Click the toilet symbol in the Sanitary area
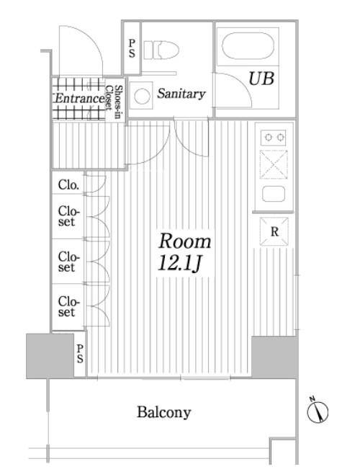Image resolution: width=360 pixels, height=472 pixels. coord(161,50)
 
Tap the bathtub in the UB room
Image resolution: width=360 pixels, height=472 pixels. coord(248,45)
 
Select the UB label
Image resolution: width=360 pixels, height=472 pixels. coord(261,79)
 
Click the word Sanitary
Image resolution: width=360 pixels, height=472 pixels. coord(181,94)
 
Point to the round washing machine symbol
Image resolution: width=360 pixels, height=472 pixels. coord(142,97)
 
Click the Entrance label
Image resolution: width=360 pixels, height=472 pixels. coord(79,99)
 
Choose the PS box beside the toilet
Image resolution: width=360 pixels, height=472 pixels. coord(132,48)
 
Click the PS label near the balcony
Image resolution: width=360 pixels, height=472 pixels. coord(80,354)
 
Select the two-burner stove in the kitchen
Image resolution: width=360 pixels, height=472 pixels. coord(273,138)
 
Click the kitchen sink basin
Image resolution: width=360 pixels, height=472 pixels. coord(274,194)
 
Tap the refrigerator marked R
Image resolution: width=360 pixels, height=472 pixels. coord(274,231)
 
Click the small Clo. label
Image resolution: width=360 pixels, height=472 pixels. coord(69,184)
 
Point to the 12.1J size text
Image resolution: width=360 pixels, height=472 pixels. coord(179,264)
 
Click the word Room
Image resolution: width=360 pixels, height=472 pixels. coord(185,241)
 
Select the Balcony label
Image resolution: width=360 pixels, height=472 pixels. coord(164,412)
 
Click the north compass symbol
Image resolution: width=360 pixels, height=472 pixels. coord(318,411)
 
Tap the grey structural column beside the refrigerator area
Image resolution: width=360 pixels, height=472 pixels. coord(274,357)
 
